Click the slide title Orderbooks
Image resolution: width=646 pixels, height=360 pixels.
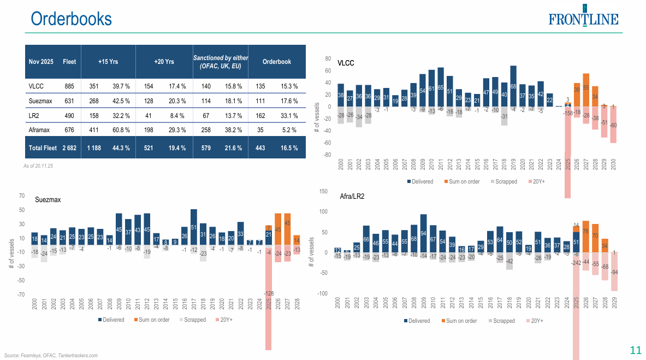[x=72, y=19]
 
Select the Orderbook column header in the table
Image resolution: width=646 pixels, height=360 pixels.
[x=276, y=62]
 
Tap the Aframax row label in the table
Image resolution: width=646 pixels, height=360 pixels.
[x=40, y=130]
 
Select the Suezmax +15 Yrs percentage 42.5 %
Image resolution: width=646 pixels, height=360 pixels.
[x=121, y=101]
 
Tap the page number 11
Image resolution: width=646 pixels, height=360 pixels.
[x=635, y=350]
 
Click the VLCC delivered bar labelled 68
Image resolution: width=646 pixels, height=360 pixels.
[x=513, y=86]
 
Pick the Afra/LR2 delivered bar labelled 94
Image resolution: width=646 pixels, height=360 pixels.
[x=423, y=233]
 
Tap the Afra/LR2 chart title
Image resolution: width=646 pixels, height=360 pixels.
[x=352, y=196]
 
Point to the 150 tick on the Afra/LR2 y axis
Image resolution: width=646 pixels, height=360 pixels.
[x=322, y=191]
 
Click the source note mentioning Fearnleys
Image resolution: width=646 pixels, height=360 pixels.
[x=51, y=355]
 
